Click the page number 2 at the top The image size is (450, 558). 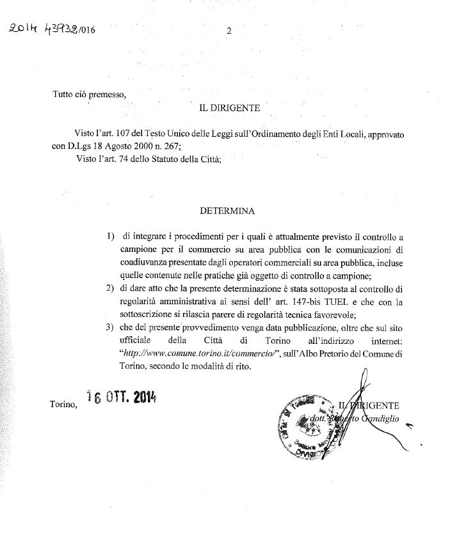(229, 30)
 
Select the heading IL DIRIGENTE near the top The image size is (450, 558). (229, 110)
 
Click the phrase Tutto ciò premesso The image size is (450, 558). (90, 94)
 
